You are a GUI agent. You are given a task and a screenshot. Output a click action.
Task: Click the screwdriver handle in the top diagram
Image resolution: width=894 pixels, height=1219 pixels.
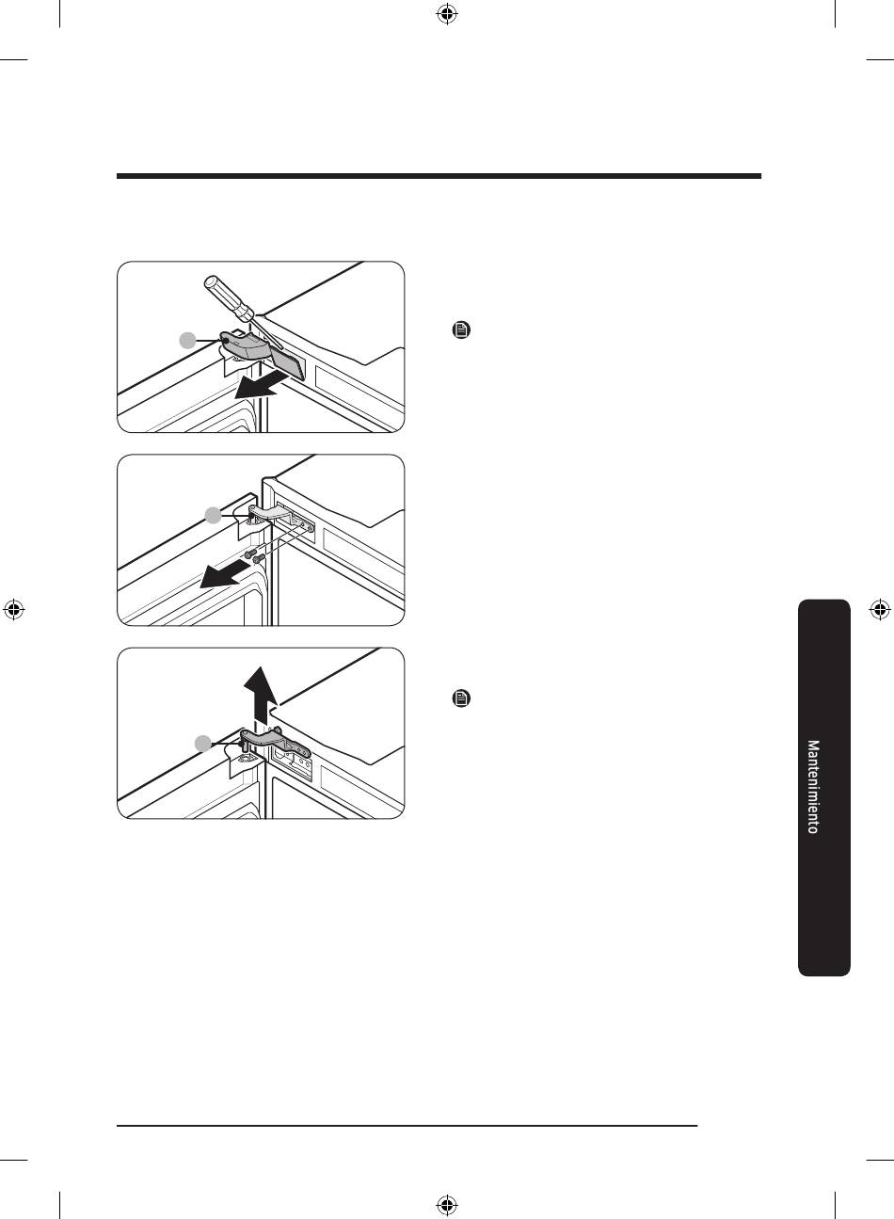coord(229,297)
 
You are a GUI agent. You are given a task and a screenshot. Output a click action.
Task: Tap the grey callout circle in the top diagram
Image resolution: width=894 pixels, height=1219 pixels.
coord(187,341)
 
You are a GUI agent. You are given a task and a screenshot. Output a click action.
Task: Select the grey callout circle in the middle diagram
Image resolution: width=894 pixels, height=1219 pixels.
coord(214,515)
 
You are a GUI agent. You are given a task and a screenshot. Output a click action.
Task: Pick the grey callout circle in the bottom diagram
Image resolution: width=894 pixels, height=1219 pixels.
coord(203,744)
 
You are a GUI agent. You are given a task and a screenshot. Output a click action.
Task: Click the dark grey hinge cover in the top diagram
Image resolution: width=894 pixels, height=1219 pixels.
coord(262,355)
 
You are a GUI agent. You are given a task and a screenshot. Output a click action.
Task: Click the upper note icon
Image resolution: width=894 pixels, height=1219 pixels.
coord(461,329)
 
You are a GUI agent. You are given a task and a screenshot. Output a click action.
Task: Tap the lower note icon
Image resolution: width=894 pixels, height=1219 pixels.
coord(461,698)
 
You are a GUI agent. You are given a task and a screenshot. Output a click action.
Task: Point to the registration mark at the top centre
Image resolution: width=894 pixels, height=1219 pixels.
coord(447,14)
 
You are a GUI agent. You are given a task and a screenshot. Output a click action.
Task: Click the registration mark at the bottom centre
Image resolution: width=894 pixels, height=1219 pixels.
coord(447,1204)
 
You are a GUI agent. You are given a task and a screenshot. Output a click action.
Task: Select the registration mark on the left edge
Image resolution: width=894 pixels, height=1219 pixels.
coord(14,610)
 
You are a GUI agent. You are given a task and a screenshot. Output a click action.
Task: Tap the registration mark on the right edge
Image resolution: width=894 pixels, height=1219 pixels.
coord(880,610)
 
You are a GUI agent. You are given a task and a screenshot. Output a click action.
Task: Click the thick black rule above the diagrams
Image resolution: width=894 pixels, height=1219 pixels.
coord(439,176)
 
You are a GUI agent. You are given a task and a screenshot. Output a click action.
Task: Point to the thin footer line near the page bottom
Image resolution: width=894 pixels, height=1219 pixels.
coord(407,1126)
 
